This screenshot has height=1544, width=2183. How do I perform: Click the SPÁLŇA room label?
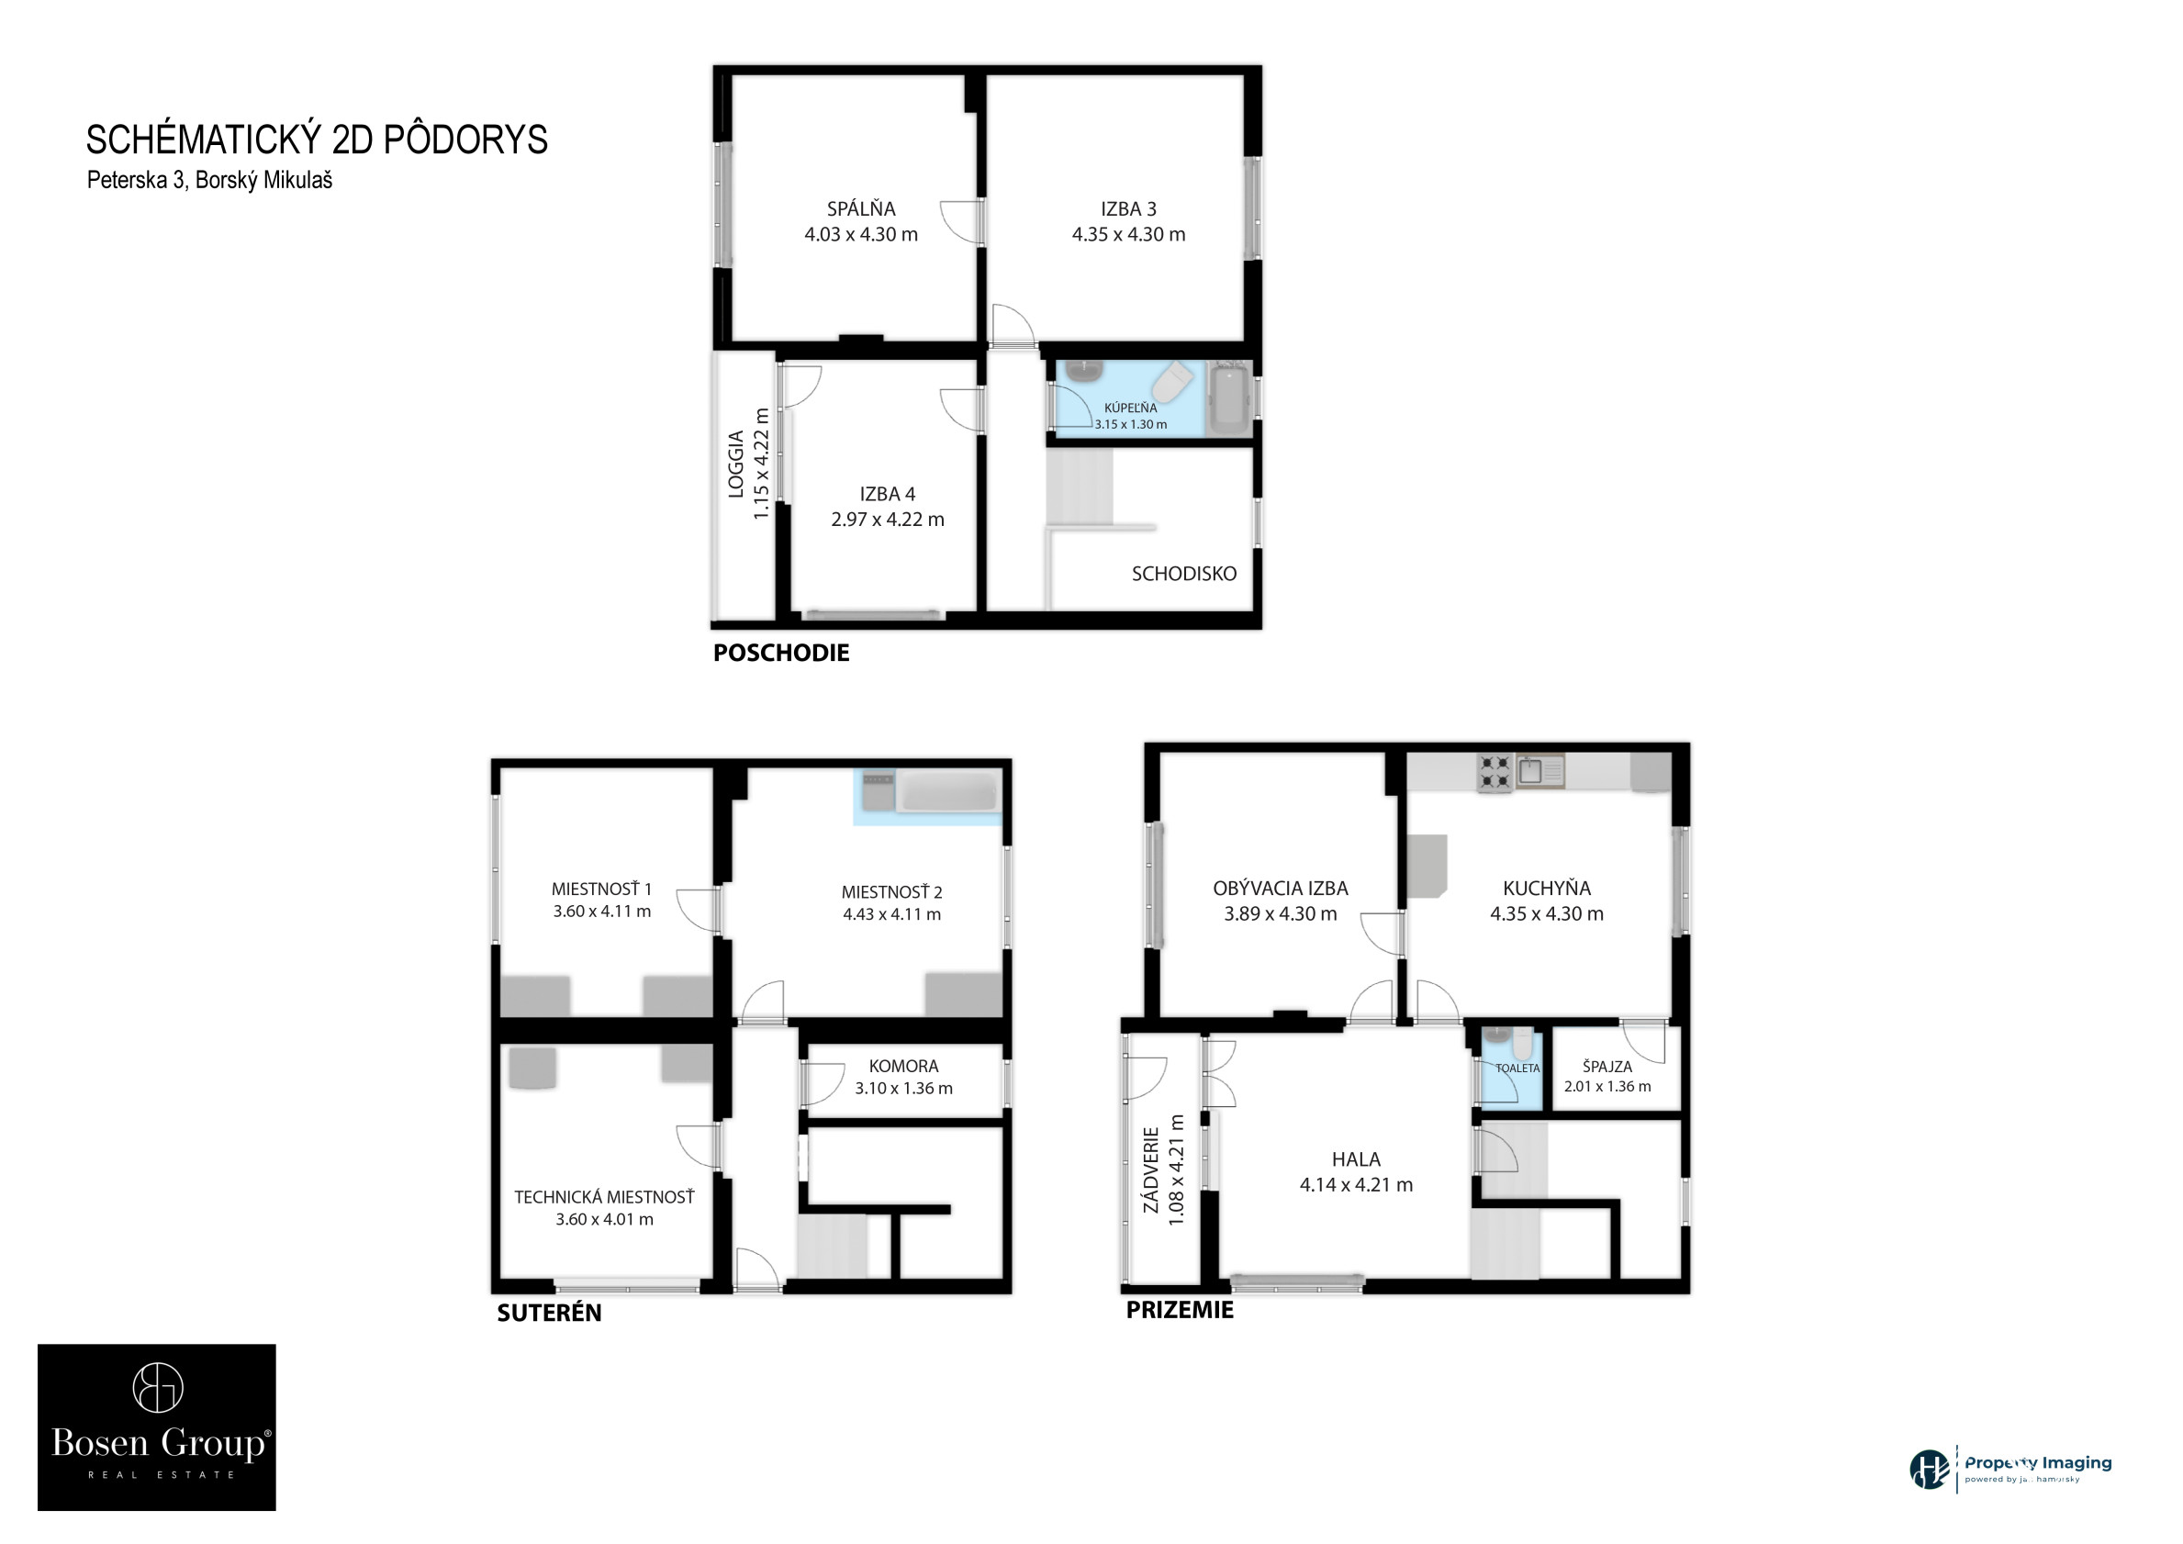[860, 208]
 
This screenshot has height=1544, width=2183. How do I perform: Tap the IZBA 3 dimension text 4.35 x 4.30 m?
[1128, 234]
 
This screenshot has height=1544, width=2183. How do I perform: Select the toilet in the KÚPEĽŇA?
[1173, 382]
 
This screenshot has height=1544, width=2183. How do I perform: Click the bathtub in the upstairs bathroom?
[1230, 398]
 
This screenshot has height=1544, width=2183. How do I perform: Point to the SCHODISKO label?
[1183, 574]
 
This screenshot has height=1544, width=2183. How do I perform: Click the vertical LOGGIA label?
[736, 464]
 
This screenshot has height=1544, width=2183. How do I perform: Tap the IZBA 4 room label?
[887, 495]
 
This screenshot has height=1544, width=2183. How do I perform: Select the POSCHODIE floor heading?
[780, 652]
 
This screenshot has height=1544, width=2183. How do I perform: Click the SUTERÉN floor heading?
[549, 1313]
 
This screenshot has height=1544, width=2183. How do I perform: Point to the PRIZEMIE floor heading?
[1179, 1310]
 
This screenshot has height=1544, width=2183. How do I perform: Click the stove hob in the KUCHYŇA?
[1494, 773]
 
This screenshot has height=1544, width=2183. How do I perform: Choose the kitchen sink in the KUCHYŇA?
[1539, 770]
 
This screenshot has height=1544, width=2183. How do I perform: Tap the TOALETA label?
[1517, 1068]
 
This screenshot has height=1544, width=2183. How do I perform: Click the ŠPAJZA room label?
[1606, 1067]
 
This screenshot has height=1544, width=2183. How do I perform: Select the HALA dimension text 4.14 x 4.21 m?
[1356, 1184]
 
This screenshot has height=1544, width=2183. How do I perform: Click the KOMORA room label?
[903, 1067]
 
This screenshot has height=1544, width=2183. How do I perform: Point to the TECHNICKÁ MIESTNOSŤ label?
[605, 1197]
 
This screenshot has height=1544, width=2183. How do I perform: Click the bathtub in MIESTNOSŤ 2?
[948, 792]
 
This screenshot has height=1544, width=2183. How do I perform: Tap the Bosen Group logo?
[157, 1427]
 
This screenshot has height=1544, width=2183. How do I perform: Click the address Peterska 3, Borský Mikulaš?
[210, 180]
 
